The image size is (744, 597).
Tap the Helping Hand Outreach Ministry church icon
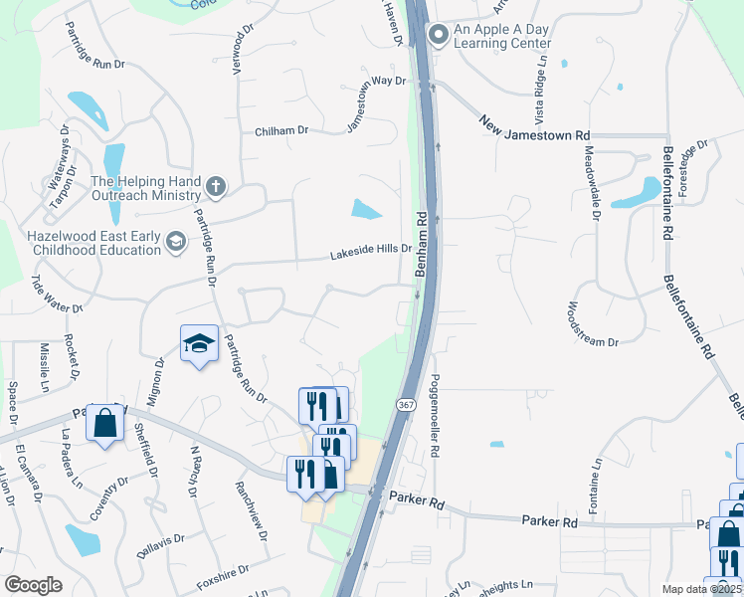[216, 186]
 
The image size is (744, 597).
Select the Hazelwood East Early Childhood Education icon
[176, 242]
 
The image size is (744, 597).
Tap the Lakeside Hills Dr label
[371, 254]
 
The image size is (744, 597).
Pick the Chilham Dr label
[282, 130]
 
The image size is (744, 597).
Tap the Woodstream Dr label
[593, 324]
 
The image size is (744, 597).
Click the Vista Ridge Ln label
[543, 89]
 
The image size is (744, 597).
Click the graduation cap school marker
[199, 344]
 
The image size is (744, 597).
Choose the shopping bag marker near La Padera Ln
[104, 425]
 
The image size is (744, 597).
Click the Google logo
[33, 585]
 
